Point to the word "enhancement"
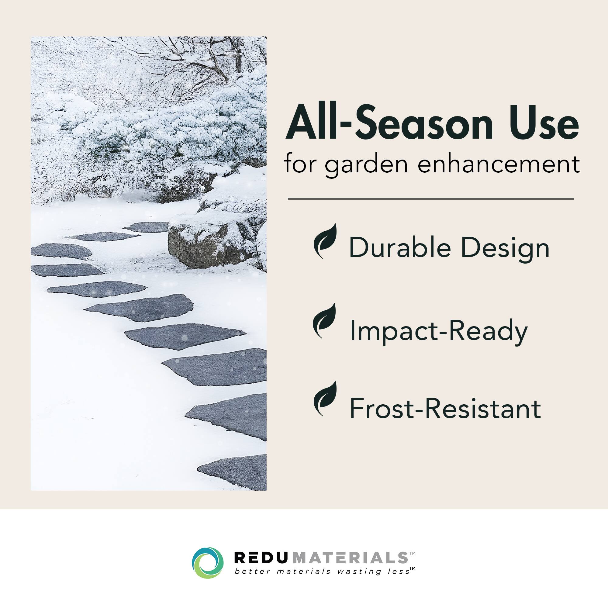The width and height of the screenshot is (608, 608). coord(498,164)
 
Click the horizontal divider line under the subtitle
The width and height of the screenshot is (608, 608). coord(431,199)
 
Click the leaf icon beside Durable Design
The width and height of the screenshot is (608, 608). coord(325,241)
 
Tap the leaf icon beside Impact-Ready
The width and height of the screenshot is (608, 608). coord(324,320)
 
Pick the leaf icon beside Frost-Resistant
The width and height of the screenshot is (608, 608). coord(325,399)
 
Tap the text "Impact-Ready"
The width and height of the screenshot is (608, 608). coord(438,330)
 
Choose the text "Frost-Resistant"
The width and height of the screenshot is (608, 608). coord(445,409)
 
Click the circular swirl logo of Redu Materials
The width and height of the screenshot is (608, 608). coord(208,563)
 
